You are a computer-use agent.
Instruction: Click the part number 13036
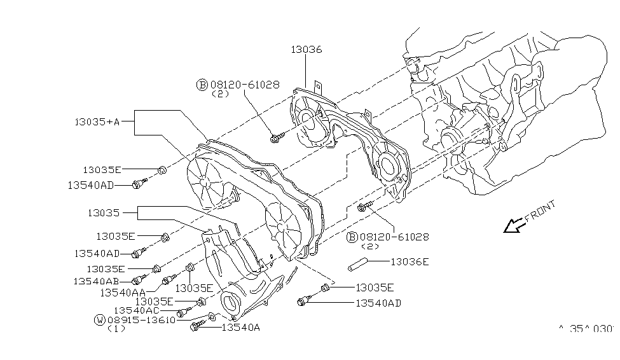tap(307, 49)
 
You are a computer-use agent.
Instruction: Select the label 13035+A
tap(96, 121)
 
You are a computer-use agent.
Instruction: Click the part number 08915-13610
tap(141, 319)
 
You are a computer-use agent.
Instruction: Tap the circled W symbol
tap(100, 319)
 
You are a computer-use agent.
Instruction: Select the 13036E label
tap(410, 261)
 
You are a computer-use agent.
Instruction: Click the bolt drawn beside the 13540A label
tap(196, 327)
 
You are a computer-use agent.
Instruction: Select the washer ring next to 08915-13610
tap(211, 317)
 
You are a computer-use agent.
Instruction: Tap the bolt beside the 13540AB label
tap(139, 280)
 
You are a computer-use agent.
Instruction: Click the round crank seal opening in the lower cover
tap(228, 301)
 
